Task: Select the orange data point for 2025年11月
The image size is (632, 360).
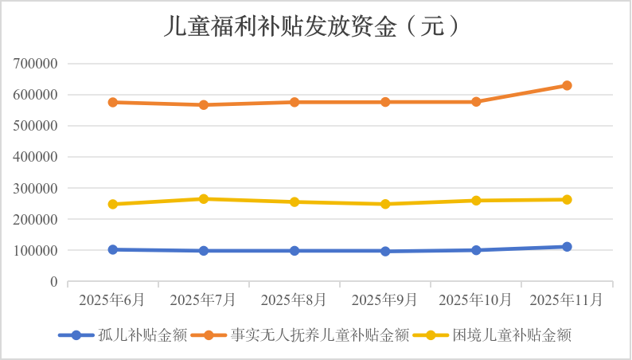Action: pos(567,85)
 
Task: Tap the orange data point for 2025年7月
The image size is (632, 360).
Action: pos(204,105)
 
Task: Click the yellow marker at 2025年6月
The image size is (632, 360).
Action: pos(113,204)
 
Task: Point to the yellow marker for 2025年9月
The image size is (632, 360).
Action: pos(385,204)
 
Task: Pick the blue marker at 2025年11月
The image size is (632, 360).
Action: pos(567,247)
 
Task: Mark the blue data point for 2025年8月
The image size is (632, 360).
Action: pos(295,251)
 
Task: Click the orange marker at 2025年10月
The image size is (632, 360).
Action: pos(476,102)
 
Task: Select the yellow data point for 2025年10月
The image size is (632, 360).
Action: pos(476,201)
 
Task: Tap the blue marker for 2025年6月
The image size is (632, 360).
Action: pos(113,249)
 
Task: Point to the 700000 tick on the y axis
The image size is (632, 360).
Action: pos(36,64)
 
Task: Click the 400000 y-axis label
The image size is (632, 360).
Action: pos(36,157)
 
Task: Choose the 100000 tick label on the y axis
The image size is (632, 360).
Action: pos(36,251)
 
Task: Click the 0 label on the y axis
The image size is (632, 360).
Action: pos(53,282)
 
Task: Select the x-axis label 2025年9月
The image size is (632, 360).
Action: pos(385,299)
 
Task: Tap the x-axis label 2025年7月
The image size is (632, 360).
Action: pos(204,299)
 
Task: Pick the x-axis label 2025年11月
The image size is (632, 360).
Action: pos(567,299)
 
